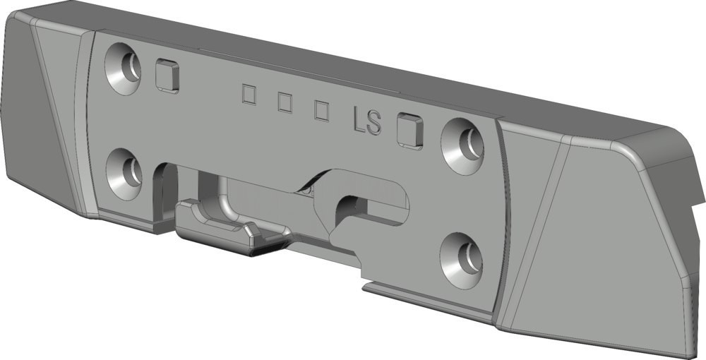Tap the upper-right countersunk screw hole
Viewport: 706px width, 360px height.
(462, 146)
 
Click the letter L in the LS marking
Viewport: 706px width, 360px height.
(359, 121)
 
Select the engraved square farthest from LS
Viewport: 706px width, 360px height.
(249, 94)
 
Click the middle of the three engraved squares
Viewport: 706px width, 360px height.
(285, 102)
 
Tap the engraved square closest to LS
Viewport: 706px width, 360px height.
(321, 110)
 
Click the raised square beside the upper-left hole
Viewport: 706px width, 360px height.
(167, 76)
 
